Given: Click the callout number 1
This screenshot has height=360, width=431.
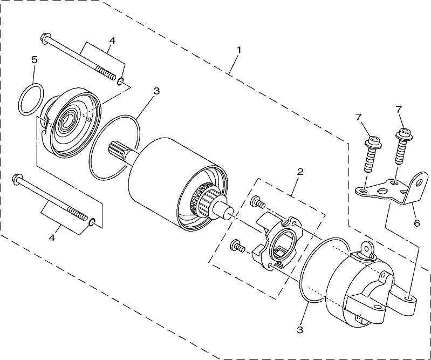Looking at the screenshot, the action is click(239, 50).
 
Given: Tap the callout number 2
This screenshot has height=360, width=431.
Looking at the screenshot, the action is click(300, 172).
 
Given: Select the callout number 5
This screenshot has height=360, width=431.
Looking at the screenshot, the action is click(35, 60).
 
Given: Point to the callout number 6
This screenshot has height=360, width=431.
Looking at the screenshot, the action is click(417, 223).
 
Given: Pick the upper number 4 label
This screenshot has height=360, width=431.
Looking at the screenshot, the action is click(112, 40).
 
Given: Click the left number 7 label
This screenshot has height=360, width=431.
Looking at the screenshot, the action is click(358, 117).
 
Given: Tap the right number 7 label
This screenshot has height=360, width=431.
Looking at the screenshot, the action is click(399, 109).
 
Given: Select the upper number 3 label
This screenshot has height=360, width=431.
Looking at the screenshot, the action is click(156, 91).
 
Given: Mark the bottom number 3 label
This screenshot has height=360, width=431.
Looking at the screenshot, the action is click(300, 329).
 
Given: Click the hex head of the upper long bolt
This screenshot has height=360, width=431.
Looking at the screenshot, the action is click(44, 38).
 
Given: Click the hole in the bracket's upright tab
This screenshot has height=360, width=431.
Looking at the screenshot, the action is click(419, 182).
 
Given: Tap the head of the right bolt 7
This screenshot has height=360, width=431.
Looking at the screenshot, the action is click(404, 133).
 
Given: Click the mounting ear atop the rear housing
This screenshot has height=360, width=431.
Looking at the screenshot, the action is click(366, 250).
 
